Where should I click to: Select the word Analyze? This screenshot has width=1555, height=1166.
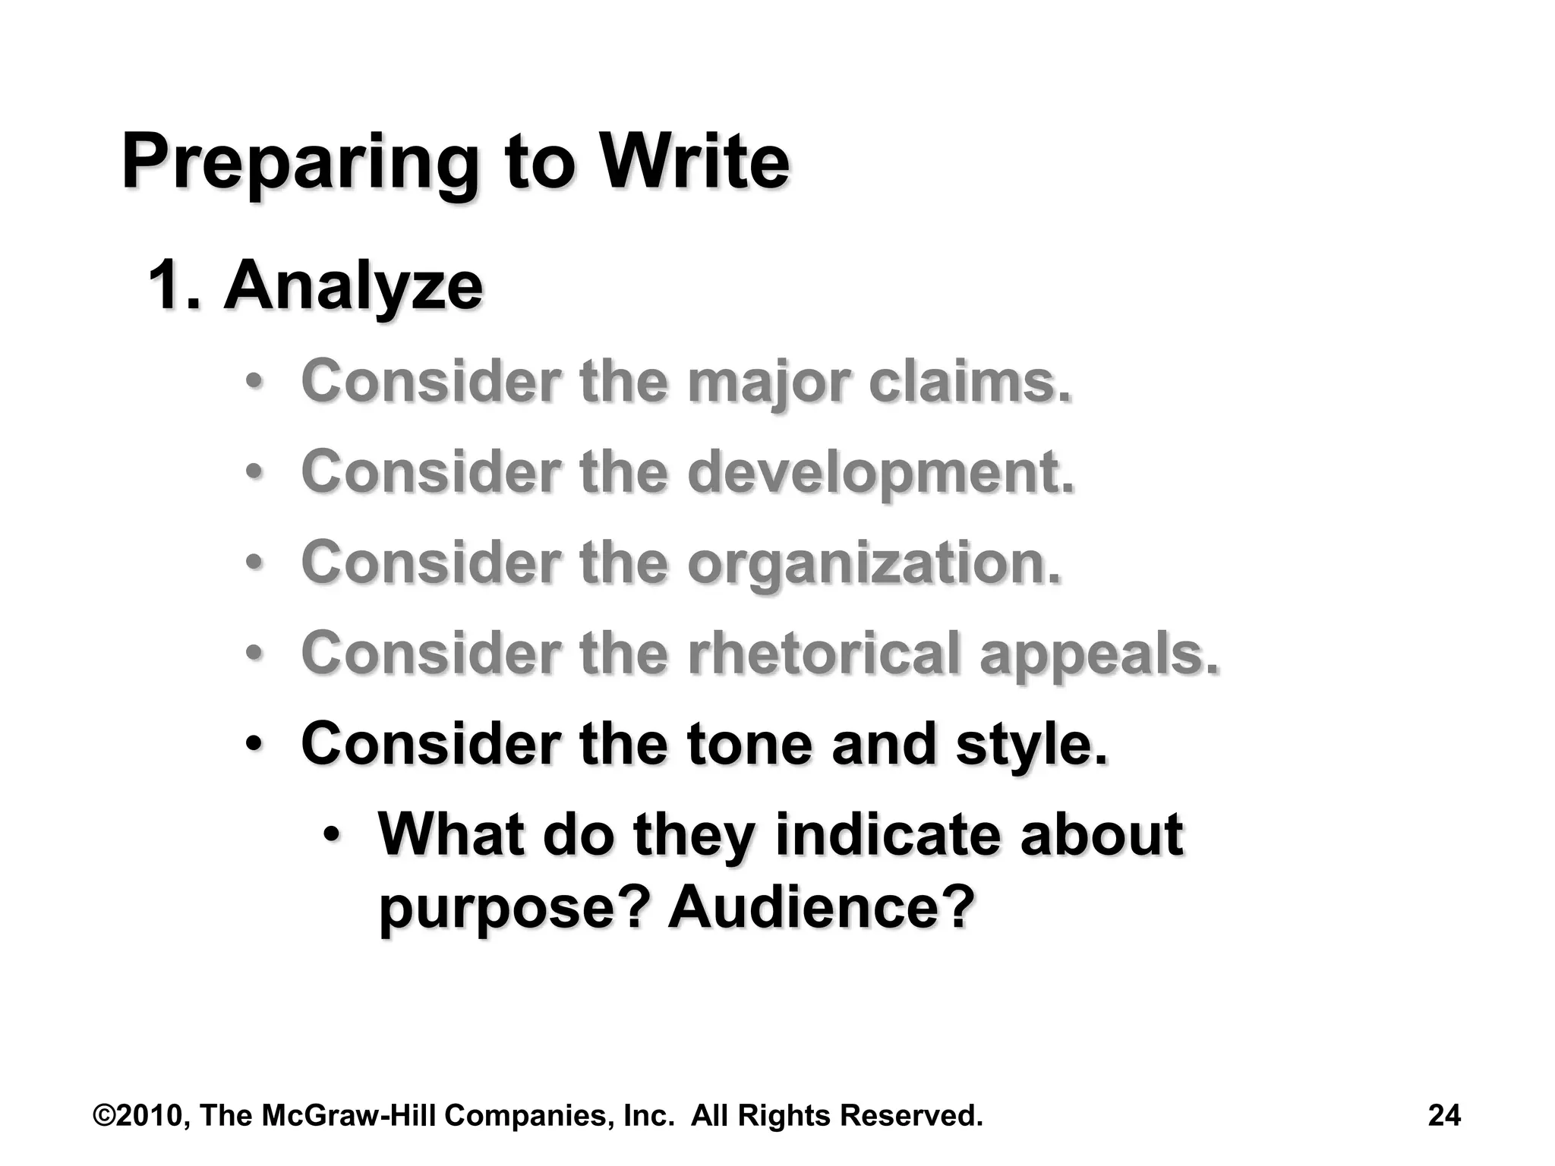coord(353,287)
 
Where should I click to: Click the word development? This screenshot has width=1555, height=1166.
coord(881,472)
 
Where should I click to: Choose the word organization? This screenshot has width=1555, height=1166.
coord(874,563)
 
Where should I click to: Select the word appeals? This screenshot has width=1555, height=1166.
coord(1099,654)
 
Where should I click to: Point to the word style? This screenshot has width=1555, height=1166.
coord(1031,745)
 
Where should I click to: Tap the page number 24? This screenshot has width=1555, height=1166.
coord(1444,1115)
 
